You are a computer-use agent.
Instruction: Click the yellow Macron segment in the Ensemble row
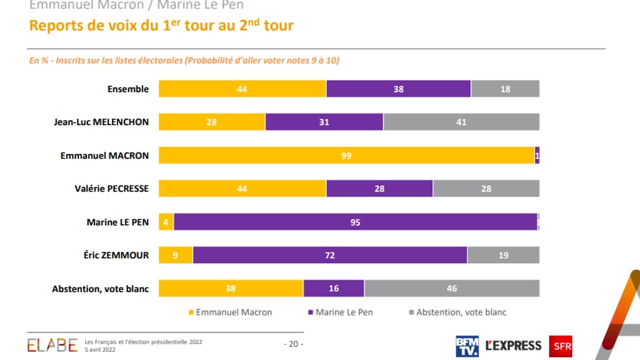click(x=243, y=89)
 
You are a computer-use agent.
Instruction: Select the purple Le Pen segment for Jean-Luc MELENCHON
click(x=324, y=122)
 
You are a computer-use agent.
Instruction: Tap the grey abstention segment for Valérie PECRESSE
click(x=486, y=189)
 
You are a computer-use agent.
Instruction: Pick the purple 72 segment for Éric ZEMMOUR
click(x=330, y=256)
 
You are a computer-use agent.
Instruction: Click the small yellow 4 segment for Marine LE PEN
click(x=166, y=222)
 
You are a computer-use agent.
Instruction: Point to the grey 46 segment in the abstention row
click(x=452, y=289)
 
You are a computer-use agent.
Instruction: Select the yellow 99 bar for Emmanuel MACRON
click(x=346, y=156)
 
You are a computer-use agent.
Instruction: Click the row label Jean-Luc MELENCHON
click(x=101, y=122)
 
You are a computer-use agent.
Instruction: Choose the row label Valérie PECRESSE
click(x=111, y=189)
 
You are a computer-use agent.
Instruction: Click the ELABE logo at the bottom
click(x=52, y=345)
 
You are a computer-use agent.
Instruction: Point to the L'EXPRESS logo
click(x=513, y=345)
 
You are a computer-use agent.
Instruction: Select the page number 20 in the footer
click(x=294, y=344)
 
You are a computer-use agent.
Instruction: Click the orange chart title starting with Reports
click(x=161, y=27)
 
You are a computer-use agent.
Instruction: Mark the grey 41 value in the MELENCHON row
click(x=461, y=122)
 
